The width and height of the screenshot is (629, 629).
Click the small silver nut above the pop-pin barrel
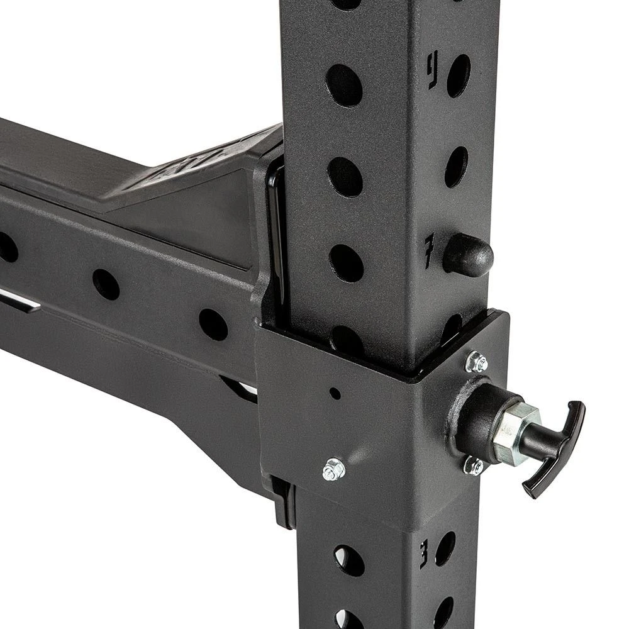[x=477, y=362]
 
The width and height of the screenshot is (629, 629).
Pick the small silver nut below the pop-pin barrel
[x=473, y=465]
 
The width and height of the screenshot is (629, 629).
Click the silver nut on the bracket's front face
[x=333, y=469]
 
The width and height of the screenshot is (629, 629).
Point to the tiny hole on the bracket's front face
[x=335, y=394]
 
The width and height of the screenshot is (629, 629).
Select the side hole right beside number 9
[x=459, y=75]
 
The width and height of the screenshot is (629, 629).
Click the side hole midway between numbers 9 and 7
[x=457, y=167]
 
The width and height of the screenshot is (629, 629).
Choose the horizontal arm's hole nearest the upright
[x=213, y=324]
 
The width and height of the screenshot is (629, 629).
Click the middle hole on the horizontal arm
[x=106, y=284]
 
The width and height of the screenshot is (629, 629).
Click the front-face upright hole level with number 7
[x=346, y=263]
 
